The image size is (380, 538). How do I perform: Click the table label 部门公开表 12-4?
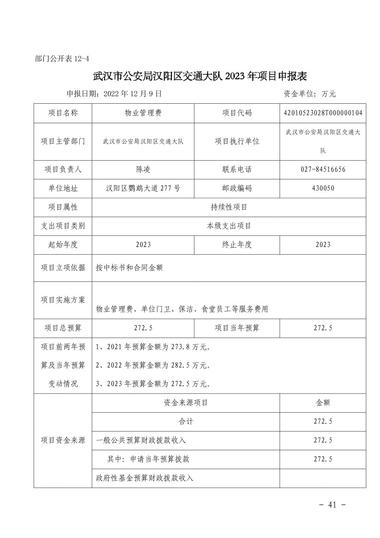[x=62, y=59]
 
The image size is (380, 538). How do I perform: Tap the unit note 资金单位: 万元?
[x=309, y=94]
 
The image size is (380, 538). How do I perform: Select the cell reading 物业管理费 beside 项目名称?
[x=143, y=113]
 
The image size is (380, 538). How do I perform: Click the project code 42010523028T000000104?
[x=323, y=113]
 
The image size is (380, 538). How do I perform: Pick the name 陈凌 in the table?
[x=143, y=170]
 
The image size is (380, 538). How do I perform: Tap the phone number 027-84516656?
[x=323, y=170]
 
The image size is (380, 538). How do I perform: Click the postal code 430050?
[x=323, y=188]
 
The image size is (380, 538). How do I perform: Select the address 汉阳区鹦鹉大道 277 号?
[x=143, y=188]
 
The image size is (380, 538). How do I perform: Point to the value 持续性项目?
[x=229, y=207]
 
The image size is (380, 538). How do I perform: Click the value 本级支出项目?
[x=229, y=226]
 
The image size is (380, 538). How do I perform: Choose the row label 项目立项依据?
[x=63, y=268]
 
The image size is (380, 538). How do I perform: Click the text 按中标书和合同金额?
[x=129, y=268]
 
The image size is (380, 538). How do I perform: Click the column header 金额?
[x=323, y=402]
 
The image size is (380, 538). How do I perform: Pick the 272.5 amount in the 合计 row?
[x=323, y=422]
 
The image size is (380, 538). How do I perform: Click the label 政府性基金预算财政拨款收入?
[x=144, y=478]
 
